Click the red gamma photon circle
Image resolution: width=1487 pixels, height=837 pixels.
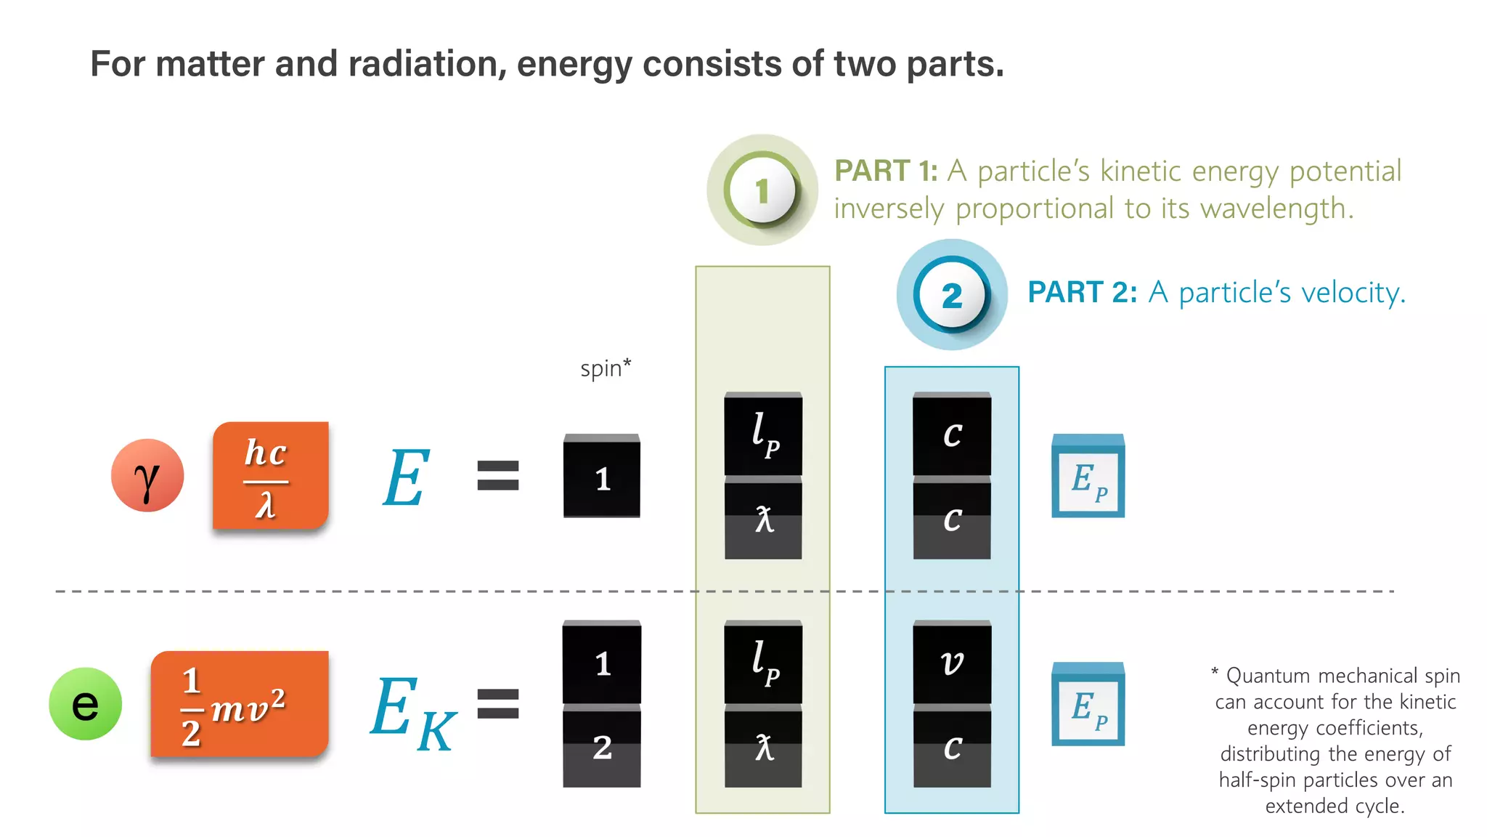tap(147, 476)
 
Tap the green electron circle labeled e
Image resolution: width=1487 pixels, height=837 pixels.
tap(85, 704)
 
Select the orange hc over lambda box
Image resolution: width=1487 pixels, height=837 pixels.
tap(270, 476)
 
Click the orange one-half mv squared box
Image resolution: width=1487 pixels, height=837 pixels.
tap(240, 704)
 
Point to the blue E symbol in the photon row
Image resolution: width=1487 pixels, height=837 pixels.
tap(406, 477)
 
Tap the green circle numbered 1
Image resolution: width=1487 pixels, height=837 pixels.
tap(762, 190)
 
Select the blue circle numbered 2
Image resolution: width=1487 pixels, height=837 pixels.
tap(951, 295)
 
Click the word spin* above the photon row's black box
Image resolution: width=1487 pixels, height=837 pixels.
tap(606, 368)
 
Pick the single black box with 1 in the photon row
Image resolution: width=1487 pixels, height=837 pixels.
tap(602, 477)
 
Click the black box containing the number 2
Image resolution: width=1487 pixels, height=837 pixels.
tap(602, 747)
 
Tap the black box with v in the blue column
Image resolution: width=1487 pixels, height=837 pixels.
tap(952, 663)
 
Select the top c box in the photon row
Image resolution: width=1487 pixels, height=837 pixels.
tap(952, 434)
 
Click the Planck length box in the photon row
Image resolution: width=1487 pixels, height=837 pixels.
tap(763, 434)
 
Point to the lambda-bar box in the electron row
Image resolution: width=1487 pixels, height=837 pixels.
tap(763, 747)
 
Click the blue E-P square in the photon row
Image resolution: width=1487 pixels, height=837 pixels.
tap(1088, 477)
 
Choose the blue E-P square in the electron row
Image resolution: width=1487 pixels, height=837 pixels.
tap(1088, 705)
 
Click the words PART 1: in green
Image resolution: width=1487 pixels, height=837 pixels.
tap(886, 171)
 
